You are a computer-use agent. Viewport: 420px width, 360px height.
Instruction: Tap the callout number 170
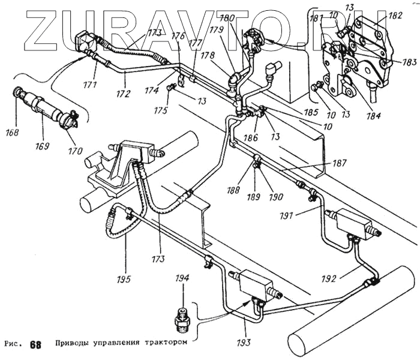pos(75,151)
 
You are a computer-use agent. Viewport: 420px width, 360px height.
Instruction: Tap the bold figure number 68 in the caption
pos(35,344)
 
